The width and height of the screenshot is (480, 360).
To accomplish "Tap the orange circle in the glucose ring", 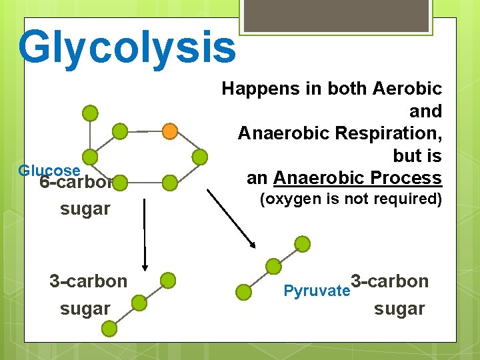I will [x=170, y=131].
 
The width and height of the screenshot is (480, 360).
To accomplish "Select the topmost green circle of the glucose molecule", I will [x=91, y=113].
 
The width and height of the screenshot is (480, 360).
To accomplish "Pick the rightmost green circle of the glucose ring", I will [x=199, y=157].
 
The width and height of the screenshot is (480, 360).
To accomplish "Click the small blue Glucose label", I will [x=49, y=170].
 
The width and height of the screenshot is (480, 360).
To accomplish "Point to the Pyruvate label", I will [x=317, y=291].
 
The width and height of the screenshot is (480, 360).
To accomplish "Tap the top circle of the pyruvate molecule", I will [x=302, y=244].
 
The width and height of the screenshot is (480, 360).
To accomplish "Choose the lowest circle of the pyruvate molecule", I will [x=245, y=291].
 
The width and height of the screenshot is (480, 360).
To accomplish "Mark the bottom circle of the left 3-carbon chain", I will [x=109, y=327].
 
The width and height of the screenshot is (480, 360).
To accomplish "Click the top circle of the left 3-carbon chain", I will [x=168, y=280].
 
